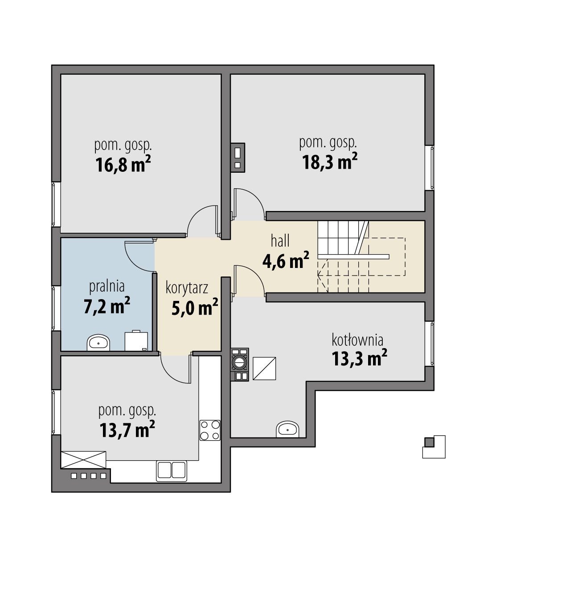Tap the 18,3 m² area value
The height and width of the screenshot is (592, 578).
pos(329,161)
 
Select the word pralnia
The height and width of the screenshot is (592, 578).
pos(107,287)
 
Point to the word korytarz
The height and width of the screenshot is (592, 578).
pos(187,288)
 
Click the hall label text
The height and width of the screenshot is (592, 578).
pos(280,241)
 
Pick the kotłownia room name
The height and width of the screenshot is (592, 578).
pos(357,340)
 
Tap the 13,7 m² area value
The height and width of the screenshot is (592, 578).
pos(127,429)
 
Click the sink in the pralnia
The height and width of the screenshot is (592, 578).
pos(98,343)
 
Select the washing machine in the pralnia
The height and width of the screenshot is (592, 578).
pos(136,341)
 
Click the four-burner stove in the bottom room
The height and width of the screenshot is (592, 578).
pos(210,430)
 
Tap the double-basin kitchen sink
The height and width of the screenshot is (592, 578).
pos(172,471)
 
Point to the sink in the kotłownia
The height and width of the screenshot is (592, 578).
pos(287,429)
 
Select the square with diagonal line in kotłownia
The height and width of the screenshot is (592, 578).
pos(264,369)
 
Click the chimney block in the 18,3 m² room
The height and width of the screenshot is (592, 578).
pos(238,158)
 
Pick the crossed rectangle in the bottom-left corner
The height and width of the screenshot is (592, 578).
pos(83,460)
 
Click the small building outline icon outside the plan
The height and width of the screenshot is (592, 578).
pos(434,447)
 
